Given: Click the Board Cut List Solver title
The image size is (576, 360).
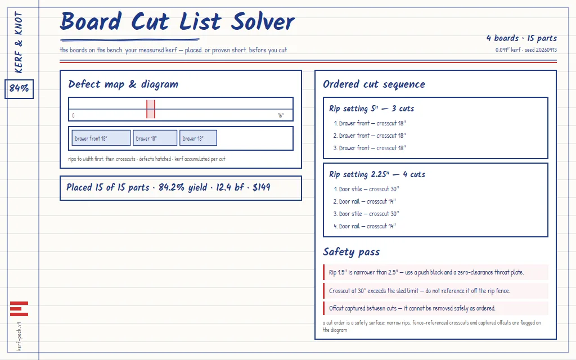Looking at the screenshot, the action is click(177, 21).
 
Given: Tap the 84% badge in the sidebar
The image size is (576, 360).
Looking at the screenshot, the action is click(19, 89).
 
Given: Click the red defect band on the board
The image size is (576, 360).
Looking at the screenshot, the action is click(151, 109).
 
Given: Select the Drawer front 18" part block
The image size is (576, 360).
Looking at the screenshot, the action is click(101, 138).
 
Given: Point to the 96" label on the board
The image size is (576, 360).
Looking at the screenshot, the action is click(281, 115).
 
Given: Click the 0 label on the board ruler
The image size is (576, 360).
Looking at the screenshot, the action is click(74, 115).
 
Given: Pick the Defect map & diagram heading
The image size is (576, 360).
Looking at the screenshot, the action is click(123, 84).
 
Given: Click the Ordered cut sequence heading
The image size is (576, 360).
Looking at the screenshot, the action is click(374, 84).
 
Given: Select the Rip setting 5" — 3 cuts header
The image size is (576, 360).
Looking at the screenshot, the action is click(371, 109).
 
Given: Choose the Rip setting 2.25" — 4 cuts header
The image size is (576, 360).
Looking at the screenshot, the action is click(377, 174).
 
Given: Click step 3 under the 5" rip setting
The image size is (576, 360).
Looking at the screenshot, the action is click(370, 148).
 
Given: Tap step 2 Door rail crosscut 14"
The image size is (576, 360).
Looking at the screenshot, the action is click(364, 201).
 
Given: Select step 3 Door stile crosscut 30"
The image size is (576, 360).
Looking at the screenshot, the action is click(366, 214).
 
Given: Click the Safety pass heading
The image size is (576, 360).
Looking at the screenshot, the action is click(351, 252).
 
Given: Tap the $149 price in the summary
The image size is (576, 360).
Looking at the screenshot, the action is click(262, 187).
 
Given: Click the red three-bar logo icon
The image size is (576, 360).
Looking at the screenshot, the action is click(19, 309).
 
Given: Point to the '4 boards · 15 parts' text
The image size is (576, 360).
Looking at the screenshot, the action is click(521, 38).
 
